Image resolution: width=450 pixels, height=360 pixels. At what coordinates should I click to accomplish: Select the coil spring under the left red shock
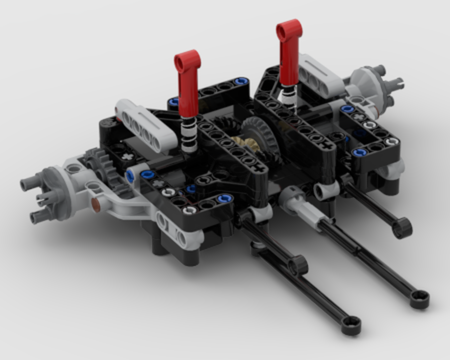[x=189, y=135]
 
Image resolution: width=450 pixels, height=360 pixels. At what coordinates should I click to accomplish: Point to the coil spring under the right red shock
[x=287, y=95]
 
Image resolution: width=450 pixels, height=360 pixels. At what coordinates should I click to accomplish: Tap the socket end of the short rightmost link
[x=402, y=227]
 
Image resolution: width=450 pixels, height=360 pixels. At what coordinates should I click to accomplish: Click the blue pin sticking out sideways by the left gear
[x=130, y=176]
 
